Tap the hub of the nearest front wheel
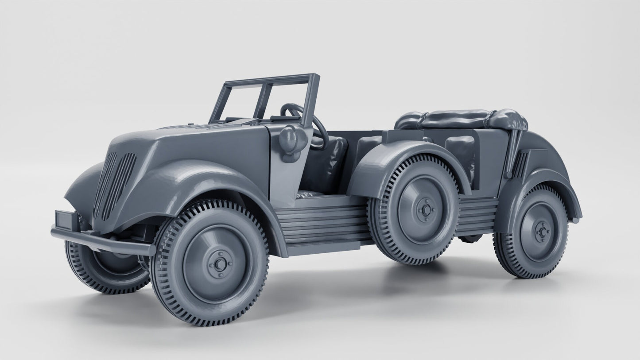point(220,264)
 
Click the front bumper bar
point(102,242)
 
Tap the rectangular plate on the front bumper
point(66,220)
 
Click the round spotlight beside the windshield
point(293,138)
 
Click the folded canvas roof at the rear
point(461,119)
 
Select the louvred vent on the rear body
point(521,164)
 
